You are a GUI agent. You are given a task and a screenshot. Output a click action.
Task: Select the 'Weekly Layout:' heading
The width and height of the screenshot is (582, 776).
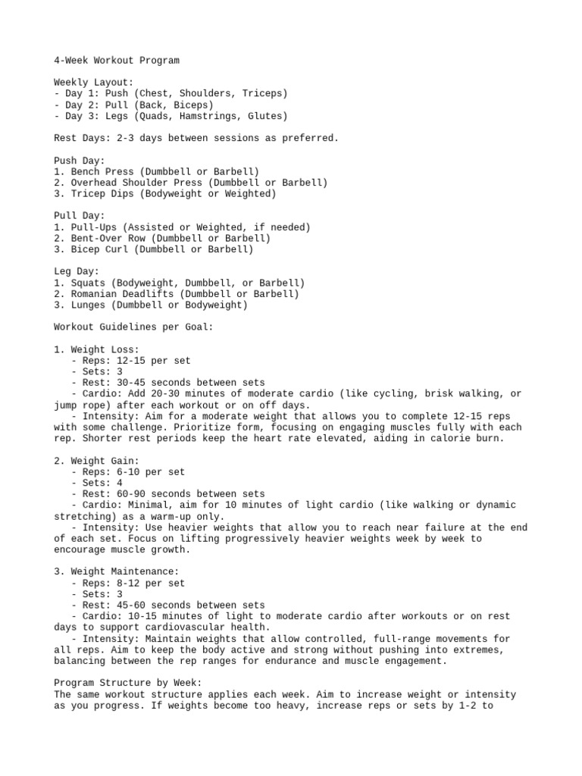pyautogui.click(x=93, y=83)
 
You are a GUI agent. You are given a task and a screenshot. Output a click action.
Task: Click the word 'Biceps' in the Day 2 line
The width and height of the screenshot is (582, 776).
pyautogui.click(x=193, y=105)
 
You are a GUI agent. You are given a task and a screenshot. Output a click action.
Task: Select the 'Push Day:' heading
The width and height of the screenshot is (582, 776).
pyautogui.click(x=79, y=161)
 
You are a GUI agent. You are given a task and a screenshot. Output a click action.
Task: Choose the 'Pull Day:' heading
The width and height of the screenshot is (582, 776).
pyautogui.click(x=79, y=216)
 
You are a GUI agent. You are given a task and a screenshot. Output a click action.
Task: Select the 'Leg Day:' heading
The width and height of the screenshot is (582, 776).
pyautogui.click(x=77, y=271)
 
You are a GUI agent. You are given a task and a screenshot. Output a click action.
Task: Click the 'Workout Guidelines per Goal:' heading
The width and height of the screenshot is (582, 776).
pyautogui.click(x=133, y=327)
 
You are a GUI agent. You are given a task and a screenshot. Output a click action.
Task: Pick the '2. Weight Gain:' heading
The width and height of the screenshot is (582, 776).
pyautogui.click(x=96, y=461)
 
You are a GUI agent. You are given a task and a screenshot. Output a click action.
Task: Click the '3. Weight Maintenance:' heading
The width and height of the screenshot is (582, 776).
pyautogui.click(x=116, y=572)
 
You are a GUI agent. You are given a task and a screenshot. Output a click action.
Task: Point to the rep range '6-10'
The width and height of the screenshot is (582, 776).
pyautogui.click(x=122, y=472)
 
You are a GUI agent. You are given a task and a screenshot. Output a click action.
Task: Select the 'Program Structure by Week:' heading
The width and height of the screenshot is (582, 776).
pyautogui.click(x=128, y=683)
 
